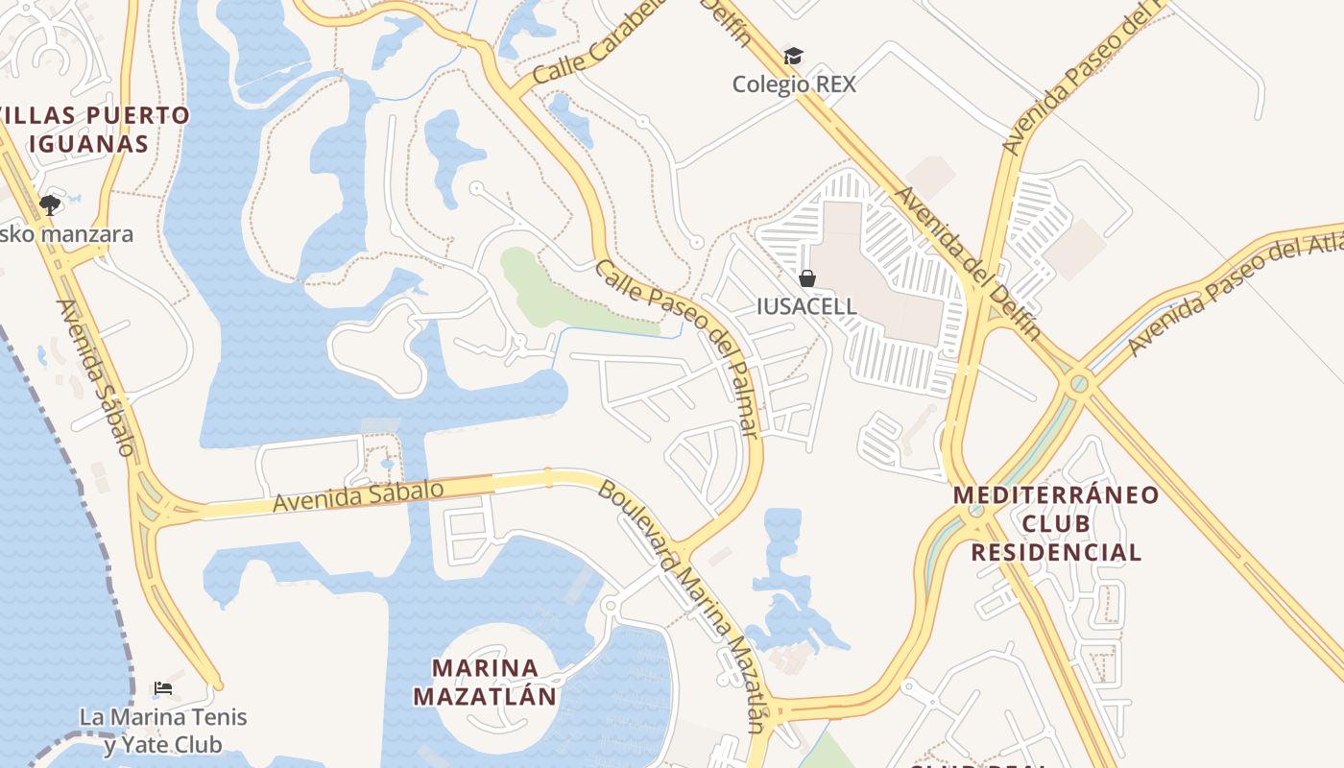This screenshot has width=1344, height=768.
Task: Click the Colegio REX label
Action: click(x=793, y=84)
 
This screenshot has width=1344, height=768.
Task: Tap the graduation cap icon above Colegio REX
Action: click(x=793, y=56)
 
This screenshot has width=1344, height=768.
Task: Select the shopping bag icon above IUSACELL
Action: click(x=807, y=278)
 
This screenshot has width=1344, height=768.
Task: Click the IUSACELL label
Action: click(x=806, y=306)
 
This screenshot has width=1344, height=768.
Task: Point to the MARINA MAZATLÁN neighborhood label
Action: click(x=485, y=682)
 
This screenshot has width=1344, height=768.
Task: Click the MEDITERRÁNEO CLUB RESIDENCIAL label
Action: click(x=1056, y=523)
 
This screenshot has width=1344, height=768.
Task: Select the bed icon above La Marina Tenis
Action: click(x=163, y=688)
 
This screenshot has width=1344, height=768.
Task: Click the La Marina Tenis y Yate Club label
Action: click(x=163, y=731)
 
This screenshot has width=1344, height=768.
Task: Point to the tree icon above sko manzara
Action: click(x=49, y=204)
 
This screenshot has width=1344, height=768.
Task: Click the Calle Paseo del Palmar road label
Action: click(x=678, y=348)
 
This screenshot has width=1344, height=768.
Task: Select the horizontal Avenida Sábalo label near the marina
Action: click(x=357, y=495)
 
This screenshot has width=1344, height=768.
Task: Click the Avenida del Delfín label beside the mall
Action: click(x=968, y=263)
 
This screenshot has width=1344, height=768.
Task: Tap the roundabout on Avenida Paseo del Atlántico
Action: click(x=1079, y=384)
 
